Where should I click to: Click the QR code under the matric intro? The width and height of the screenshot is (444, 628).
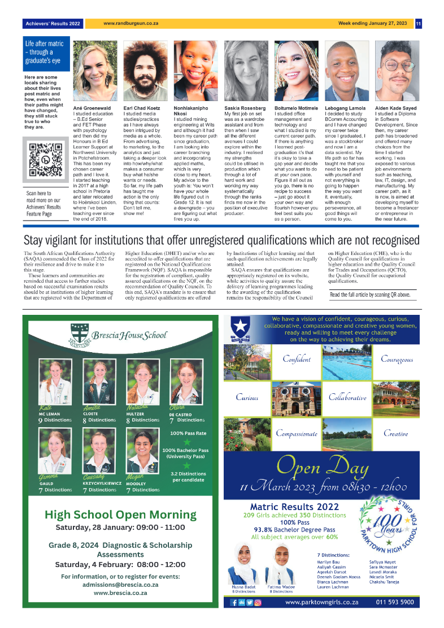[x=45, y=161]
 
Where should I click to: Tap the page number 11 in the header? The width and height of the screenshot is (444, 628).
[x=419, y=24]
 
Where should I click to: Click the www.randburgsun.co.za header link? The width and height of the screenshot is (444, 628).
[x=130, y=24]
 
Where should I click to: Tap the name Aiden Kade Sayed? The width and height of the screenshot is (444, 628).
[x=396, y=107]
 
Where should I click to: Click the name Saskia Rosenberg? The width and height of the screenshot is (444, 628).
[x=245, y=107]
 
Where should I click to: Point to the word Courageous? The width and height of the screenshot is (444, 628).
[x=397, y=359]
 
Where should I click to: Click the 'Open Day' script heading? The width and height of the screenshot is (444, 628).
[x=323, y=466]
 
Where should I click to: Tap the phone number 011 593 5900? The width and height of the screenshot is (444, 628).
[x=395, y=603]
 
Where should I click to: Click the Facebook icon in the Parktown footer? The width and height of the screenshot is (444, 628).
[x=234, y=603]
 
